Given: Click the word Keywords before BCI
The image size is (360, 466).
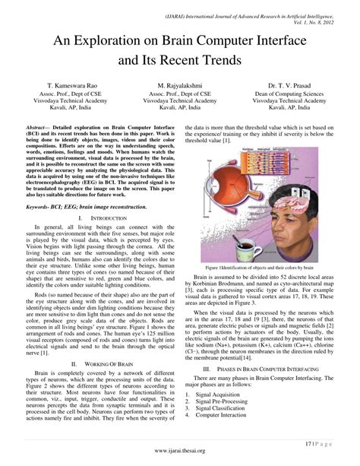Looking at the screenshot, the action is [x=39, y=205].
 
